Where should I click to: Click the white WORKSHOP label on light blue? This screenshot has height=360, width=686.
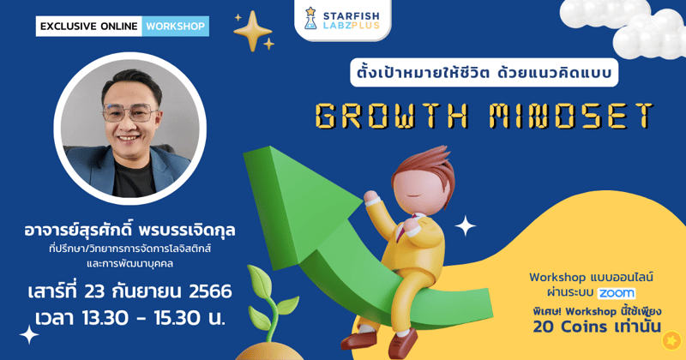point(175,26)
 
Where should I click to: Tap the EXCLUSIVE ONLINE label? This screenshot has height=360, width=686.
point(88,26)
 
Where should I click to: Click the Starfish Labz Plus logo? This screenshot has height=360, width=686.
point(342,19)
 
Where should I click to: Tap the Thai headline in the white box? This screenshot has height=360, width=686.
point(484,73)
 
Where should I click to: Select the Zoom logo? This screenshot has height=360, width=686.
point(617,293)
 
